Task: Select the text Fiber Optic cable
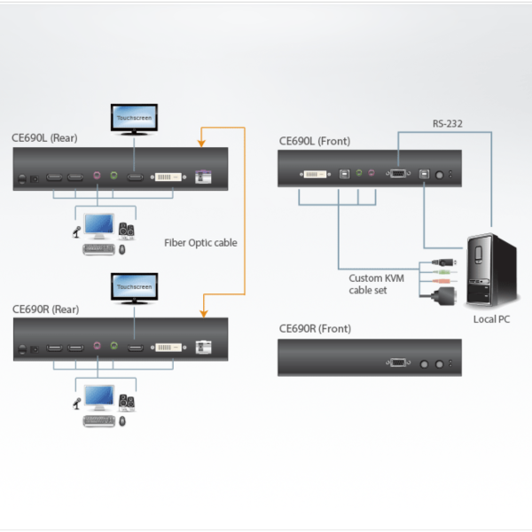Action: coord(200,242)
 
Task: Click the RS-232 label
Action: coord(447,125)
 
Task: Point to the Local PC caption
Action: coord(491,319)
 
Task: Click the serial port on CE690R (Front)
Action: coord(396,363)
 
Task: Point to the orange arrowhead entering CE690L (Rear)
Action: coord(203,140)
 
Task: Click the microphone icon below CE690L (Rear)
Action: coord(77,233)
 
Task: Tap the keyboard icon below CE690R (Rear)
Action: coord(98,420)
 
